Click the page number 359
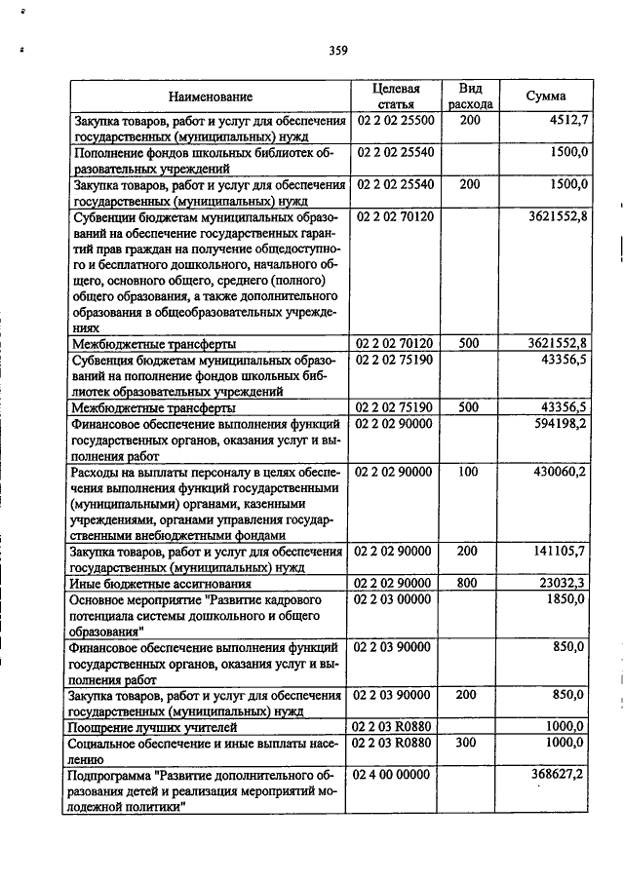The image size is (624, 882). pos(338,51)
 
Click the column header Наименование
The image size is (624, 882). pos(210,96)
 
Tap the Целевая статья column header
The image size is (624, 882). pos(395,96)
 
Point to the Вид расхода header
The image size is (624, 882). pos(470,96)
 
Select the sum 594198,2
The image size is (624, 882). pos(560,424)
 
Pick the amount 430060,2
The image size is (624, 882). pos(560,471)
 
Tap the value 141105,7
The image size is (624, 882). pos(560,551)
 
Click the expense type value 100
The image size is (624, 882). pos(468,471)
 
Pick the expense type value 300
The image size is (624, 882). pos(468,742)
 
